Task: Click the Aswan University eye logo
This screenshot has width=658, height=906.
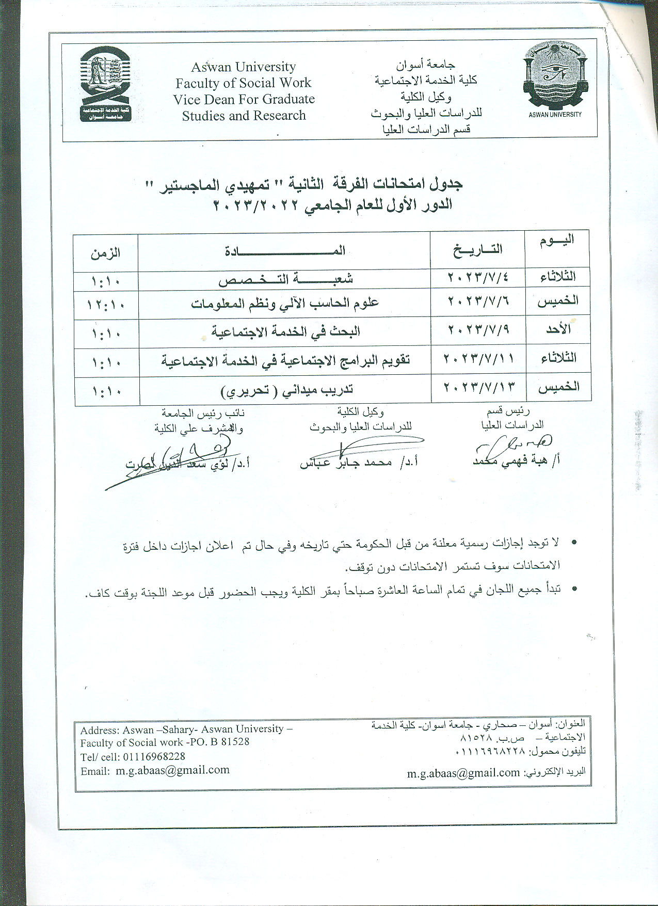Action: [x=555, y=75]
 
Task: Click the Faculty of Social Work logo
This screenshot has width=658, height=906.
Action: [x=105, y=83]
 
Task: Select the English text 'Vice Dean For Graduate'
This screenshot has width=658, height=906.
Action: [x=244, y=99]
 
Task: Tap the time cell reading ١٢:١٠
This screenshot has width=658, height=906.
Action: [x=106, y=304]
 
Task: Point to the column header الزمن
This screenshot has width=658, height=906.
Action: [x=105, y=252]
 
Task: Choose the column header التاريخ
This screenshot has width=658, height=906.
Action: [x=477, y=250]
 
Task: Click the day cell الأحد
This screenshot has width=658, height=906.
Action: [x=558, y=329]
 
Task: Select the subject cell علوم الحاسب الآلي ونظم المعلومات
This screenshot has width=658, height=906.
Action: [x=285, y=303]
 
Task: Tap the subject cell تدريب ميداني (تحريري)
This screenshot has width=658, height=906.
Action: [x=287, y=390]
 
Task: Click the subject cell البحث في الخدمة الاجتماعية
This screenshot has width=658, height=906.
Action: [x=285, y=331]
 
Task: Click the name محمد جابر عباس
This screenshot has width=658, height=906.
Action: [x=346, y=462]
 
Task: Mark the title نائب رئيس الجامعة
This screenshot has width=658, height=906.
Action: [x=203, y=413]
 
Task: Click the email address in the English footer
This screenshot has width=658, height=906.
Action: [x=172, y=770]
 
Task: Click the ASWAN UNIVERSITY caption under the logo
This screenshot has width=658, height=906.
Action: [x=555, y=114]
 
